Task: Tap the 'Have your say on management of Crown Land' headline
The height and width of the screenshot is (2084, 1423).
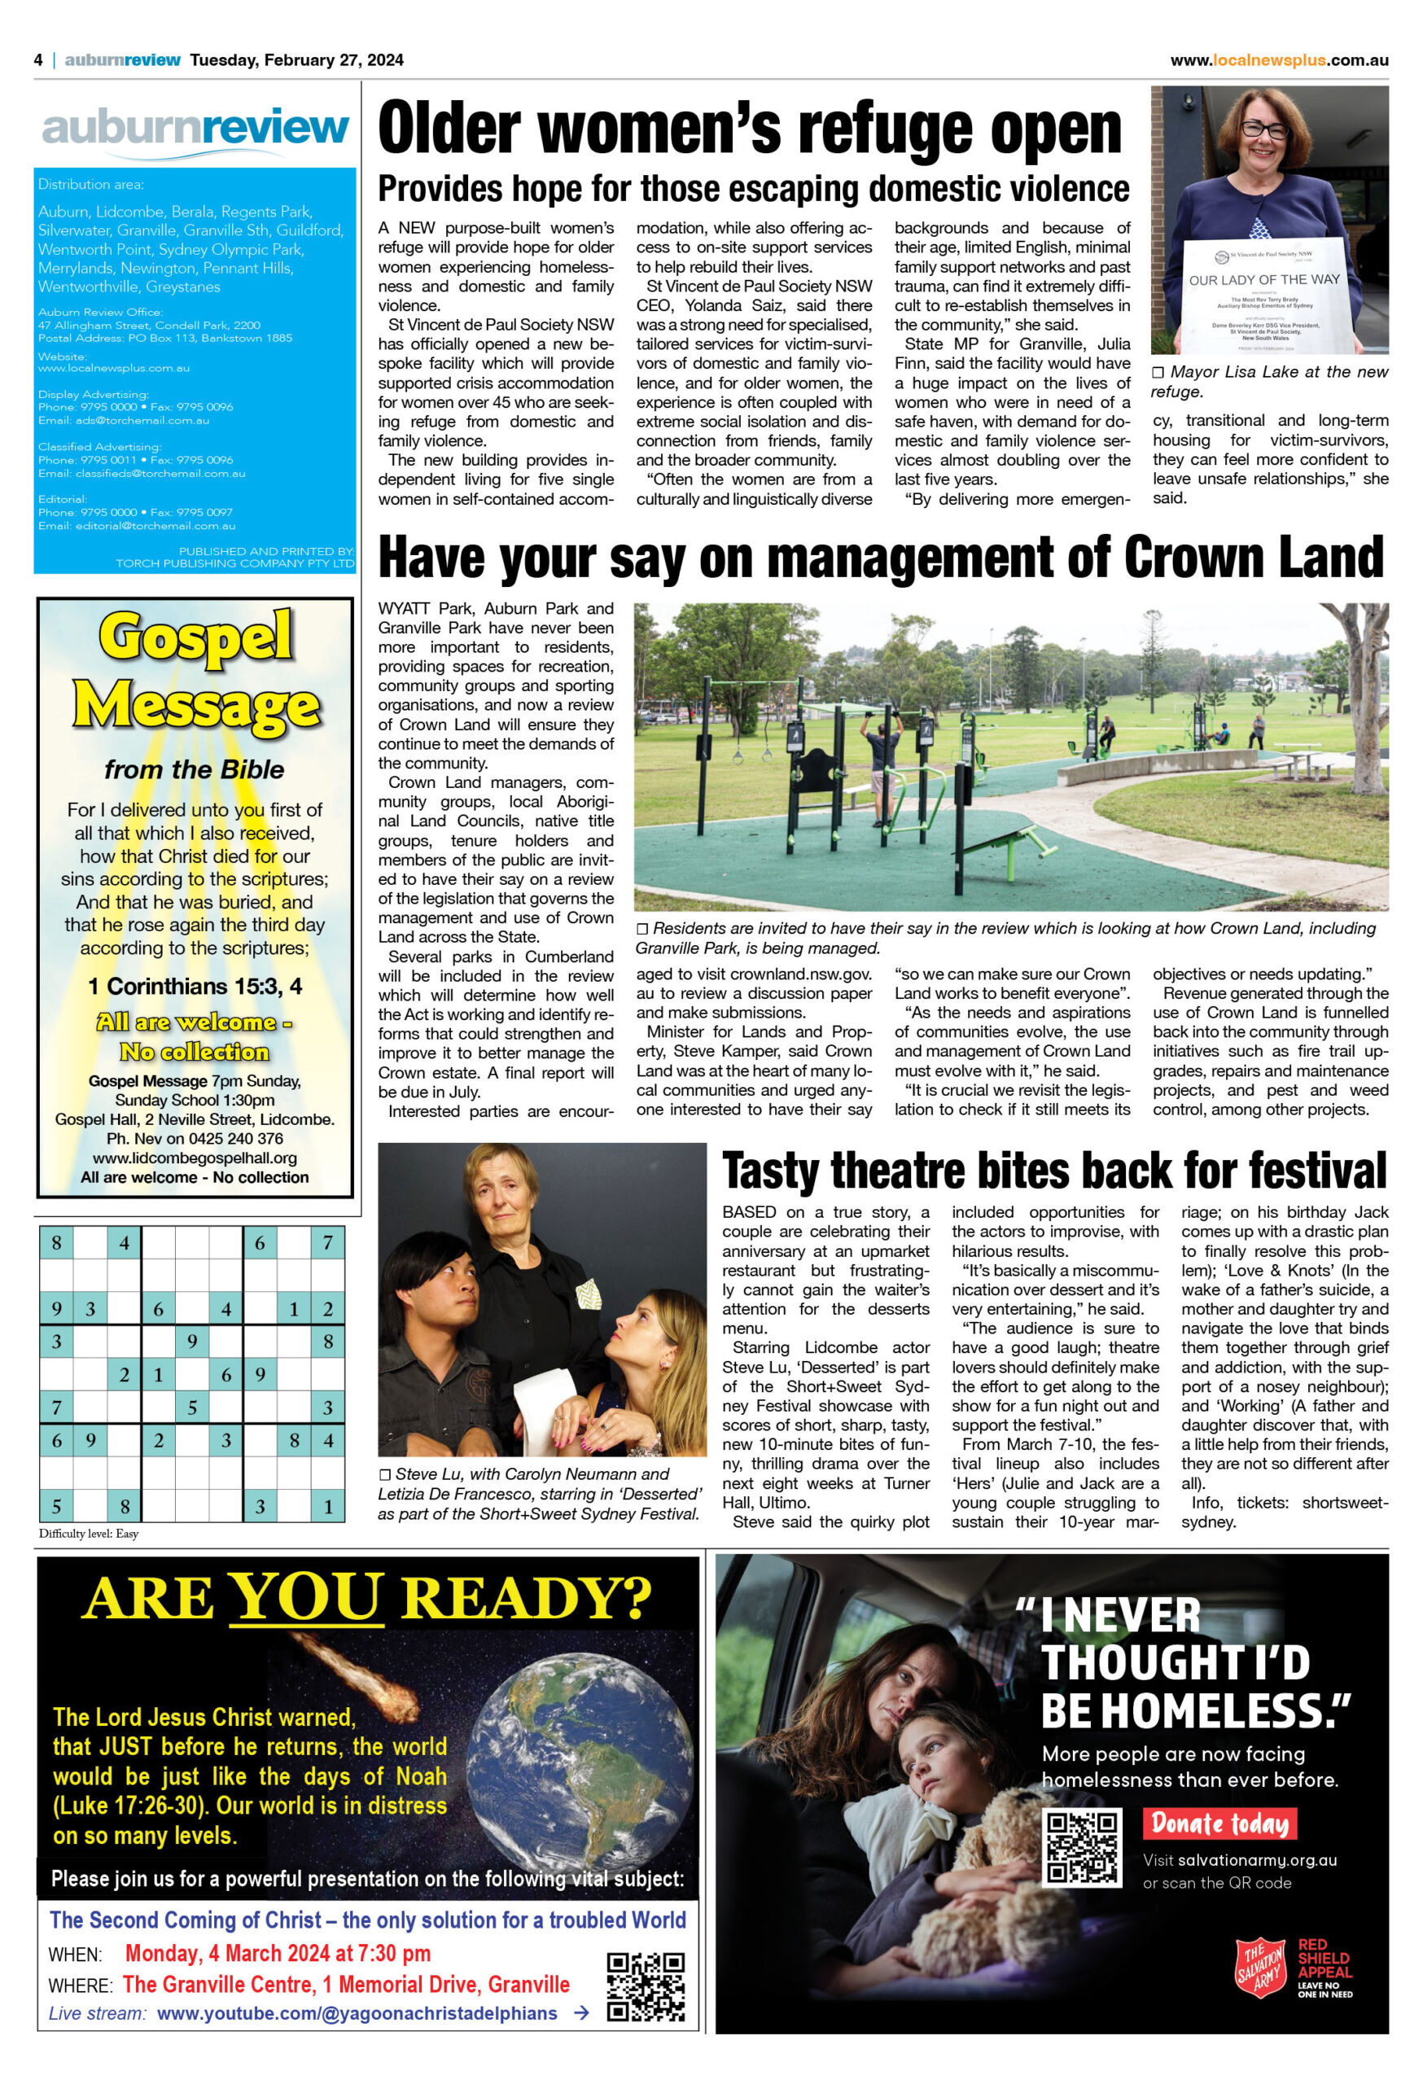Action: pos(882,558)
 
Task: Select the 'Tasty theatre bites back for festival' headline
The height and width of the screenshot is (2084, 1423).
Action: pos(1054,1171)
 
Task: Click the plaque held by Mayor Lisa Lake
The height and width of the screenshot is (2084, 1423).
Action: pos(1264,296)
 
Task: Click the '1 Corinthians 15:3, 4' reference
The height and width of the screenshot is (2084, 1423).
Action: pos(195,987)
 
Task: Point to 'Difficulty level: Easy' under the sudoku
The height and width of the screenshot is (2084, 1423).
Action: pos(89,1534)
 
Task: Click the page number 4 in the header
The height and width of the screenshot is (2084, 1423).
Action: pos(38,60)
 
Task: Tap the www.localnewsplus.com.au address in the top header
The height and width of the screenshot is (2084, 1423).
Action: pos(1279,60)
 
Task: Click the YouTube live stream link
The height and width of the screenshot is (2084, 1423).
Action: pos(357,2013)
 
